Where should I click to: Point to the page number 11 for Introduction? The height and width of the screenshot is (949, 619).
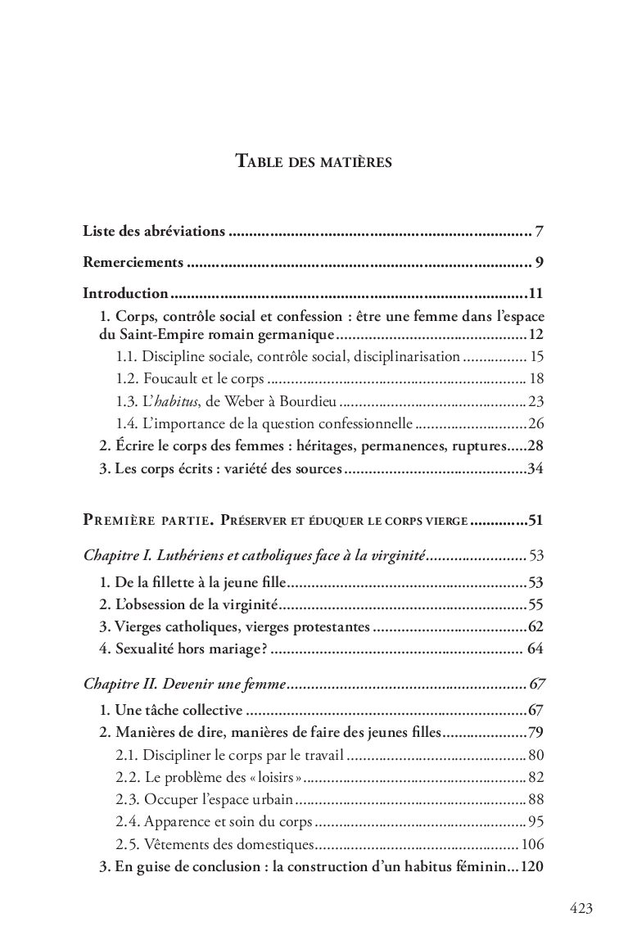536,293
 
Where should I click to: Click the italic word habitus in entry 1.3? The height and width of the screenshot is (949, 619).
176,401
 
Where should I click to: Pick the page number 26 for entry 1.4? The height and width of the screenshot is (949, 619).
536,423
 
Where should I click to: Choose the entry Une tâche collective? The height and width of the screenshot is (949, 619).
170,709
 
